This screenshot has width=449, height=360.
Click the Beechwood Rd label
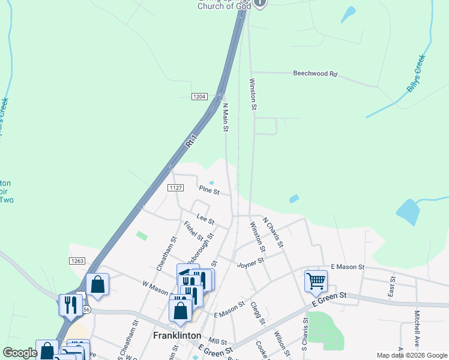[x=315, y=74]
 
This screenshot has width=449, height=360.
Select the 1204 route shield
[x=200, y=97]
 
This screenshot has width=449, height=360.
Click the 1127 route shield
[x=175, y=188]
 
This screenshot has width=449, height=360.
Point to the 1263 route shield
[x=77, y=261]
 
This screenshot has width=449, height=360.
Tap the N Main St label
[x=226, y=115]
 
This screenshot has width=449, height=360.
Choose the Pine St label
[x=208, y=190]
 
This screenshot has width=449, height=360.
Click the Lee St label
[x=205, y=217]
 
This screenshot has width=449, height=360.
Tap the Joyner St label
[x=250, y=263]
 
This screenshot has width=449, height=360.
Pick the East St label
[x=392, y=287]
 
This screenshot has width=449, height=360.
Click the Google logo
[x=20, y=353]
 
